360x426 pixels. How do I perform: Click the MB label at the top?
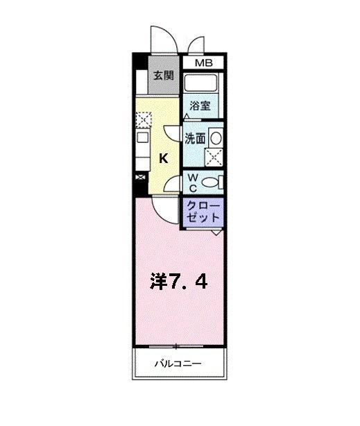point(203,63)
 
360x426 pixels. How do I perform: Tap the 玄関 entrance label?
point(164,76)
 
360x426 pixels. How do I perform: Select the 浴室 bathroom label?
point(201,107)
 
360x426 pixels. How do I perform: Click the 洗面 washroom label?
point(195,138)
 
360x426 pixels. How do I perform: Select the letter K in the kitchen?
point(164,158)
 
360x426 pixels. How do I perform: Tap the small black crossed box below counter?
point(141,178)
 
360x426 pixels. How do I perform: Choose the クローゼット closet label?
point(203,212)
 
